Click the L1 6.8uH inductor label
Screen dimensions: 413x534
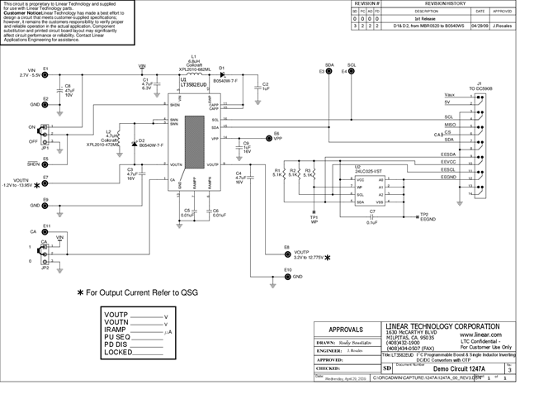194,56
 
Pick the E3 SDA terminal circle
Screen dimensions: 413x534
324,72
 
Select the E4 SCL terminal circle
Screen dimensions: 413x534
345,72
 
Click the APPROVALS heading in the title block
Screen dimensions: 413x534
346,328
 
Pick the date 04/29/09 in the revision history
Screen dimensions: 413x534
480,25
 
